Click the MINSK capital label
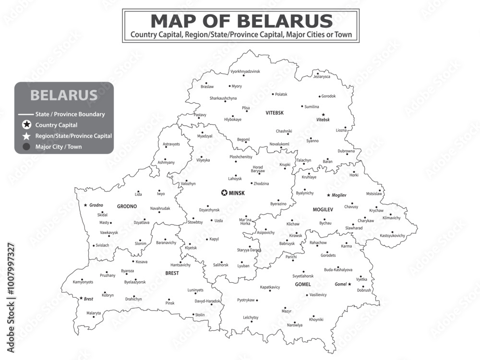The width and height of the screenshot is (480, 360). (237, 193)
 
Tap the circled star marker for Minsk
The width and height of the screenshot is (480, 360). (224, 193)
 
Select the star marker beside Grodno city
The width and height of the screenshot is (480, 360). (85, 205)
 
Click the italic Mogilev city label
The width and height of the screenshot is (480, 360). (339, 195)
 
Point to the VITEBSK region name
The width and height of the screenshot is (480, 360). (275, 113)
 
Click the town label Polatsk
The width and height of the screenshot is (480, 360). (281, 95)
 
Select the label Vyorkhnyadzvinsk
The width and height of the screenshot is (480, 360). (245, 71)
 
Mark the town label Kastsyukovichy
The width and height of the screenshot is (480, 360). (392, 236)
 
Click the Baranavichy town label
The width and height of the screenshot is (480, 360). (166, 242)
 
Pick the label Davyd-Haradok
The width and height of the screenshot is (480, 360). (207, 301)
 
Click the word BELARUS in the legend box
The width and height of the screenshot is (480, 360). (64, 95)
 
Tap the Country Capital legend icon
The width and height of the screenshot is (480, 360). (27, 125)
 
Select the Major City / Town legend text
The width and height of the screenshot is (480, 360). (58, 147)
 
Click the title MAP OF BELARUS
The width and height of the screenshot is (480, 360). (241, 21)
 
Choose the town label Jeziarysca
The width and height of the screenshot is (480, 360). (322, 76)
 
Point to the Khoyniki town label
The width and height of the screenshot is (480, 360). (316, 319)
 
